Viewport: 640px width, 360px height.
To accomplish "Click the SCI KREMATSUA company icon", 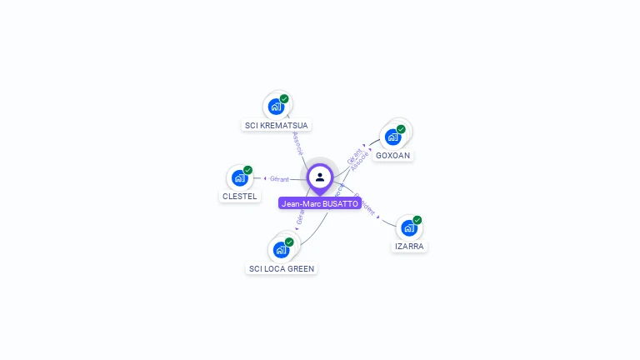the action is (276, 107).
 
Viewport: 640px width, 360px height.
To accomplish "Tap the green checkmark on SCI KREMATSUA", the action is (284, 99).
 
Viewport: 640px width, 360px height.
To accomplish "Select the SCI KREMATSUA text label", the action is (276, 126).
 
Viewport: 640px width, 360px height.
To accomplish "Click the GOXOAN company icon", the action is (392, 137).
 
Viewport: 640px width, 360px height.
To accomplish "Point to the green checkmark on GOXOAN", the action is (401, 129).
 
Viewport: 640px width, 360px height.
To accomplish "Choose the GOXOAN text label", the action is (392, 156).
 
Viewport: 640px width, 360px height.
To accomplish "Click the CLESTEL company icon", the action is (240, 178).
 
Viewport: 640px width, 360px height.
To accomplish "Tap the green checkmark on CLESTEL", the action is (247, 170).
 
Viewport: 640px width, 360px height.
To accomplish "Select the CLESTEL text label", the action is (240, 197).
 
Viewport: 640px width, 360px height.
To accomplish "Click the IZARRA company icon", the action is (408, 228).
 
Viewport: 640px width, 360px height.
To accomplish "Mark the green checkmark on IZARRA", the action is (417, 220).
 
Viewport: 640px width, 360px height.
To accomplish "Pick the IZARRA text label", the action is (409, 247).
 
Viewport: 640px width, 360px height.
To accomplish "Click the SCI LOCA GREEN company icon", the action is (281, 250).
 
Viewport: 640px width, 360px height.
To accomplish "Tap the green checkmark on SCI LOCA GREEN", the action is (289, 242).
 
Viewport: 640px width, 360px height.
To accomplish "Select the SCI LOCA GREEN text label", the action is (282, 268).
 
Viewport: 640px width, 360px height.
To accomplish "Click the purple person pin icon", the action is (320, 177).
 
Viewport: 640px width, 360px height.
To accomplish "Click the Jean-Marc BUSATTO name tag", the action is (320, 203).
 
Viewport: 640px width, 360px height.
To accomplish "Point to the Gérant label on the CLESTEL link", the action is (279, 178).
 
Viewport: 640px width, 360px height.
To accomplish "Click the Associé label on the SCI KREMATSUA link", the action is (297, 143).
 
